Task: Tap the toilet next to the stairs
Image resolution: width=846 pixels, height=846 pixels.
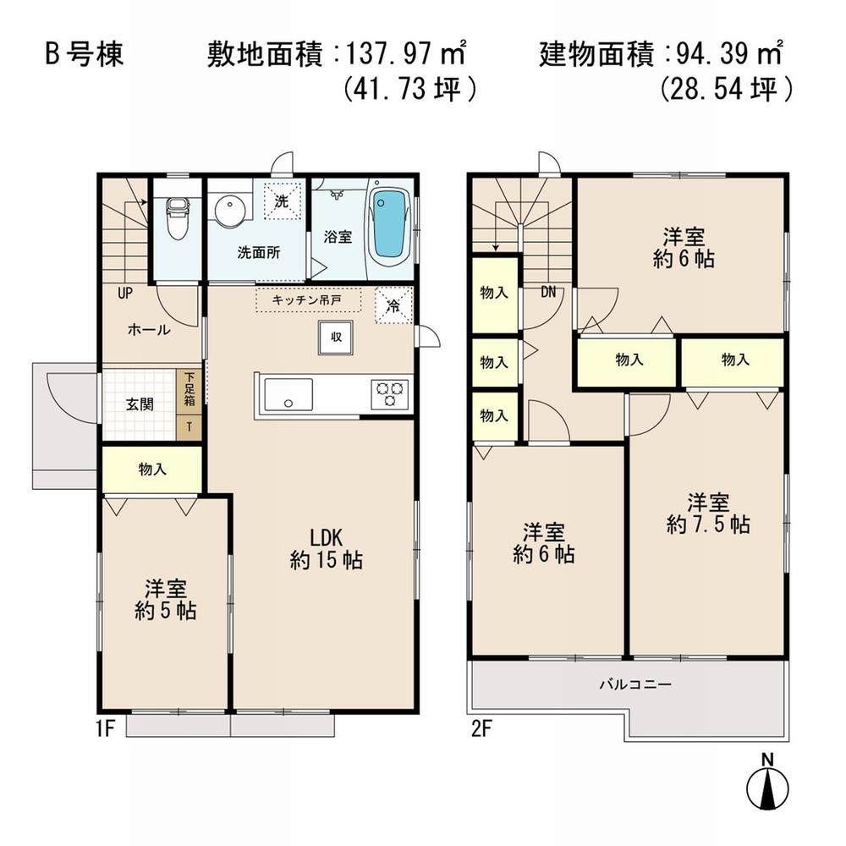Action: pyautogui.click(x=177, y=218)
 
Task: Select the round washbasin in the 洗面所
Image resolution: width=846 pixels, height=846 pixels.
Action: pyautogui.click(x=228, y=211)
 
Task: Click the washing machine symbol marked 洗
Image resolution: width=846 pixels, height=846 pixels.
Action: pyautogui.click(x=281, y=201)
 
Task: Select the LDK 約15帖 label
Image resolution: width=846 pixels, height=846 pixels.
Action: pyautogui.click(x=326, y=548)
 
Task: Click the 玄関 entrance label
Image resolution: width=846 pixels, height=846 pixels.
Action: pyautogui.click(x=140, y=404)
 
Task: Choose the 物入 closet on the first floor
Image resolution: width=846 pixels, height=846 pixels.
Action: pyautogui.click(x=152, y=470)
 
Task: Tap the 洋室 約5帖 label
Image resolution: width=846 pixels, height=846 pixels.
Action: pyautogui.click(x=165, y=599)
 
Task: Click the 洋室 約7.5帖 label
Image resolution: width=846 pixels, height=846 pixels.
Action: pyautogui.click(x=708, y=513)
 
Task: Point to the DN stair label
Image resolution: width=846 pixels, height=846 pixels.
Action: pyautogui.click(x=549, y=293)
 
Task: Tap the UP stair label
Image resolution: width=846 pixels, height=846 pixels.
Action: pyautogui.click(x=125, y=294)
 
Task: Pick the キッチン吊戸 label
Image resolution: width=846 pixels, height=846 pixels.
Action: pyautogui.click(x=308, y=299)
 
